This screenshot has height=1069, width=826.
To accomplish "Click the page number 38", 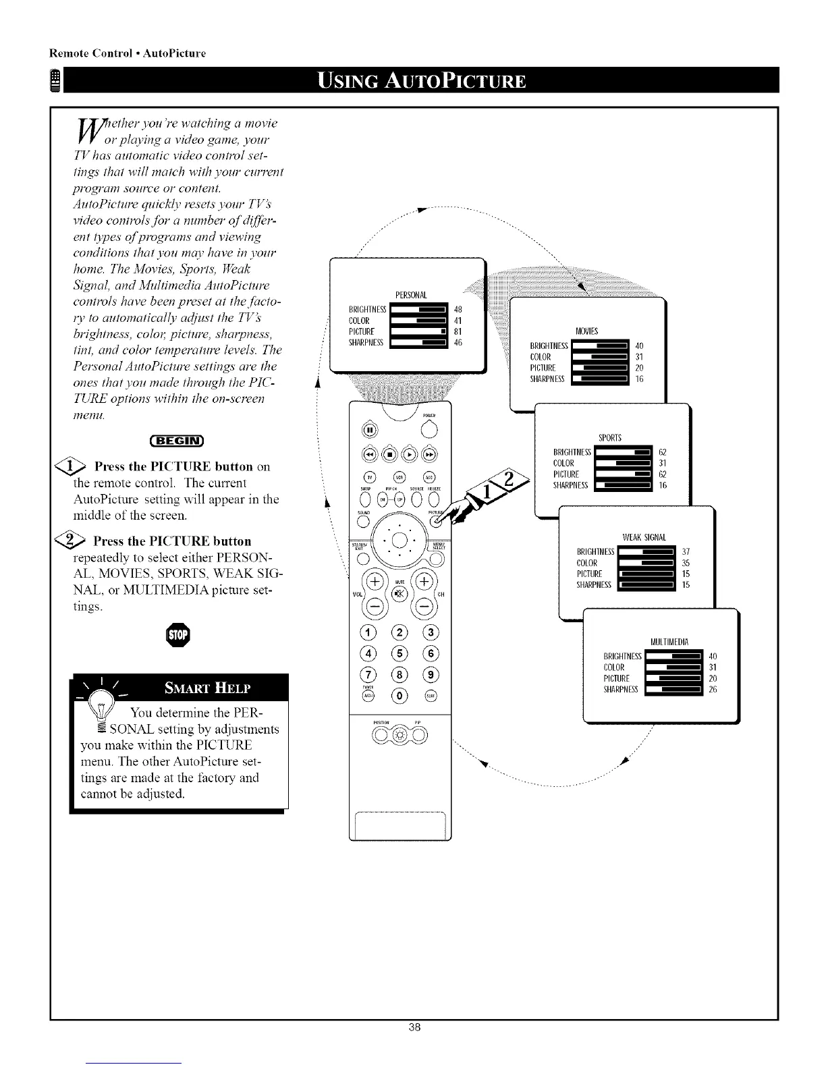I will click(414, 1046).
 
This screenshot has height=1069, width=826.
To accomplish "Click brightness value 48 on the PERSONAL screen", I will click(458, 310).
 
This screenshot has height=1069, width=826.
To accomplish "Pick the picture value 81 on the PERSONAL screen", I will click(458, 331).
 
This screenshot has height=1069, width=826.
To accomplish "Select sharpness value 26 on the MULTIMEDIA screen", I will click(713, 689).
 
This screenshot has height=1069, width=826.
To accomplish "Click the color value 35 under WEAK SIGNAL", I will click(686, 563).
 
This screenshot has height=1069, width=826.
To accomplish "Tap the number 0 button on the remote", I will click(401, 695).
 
